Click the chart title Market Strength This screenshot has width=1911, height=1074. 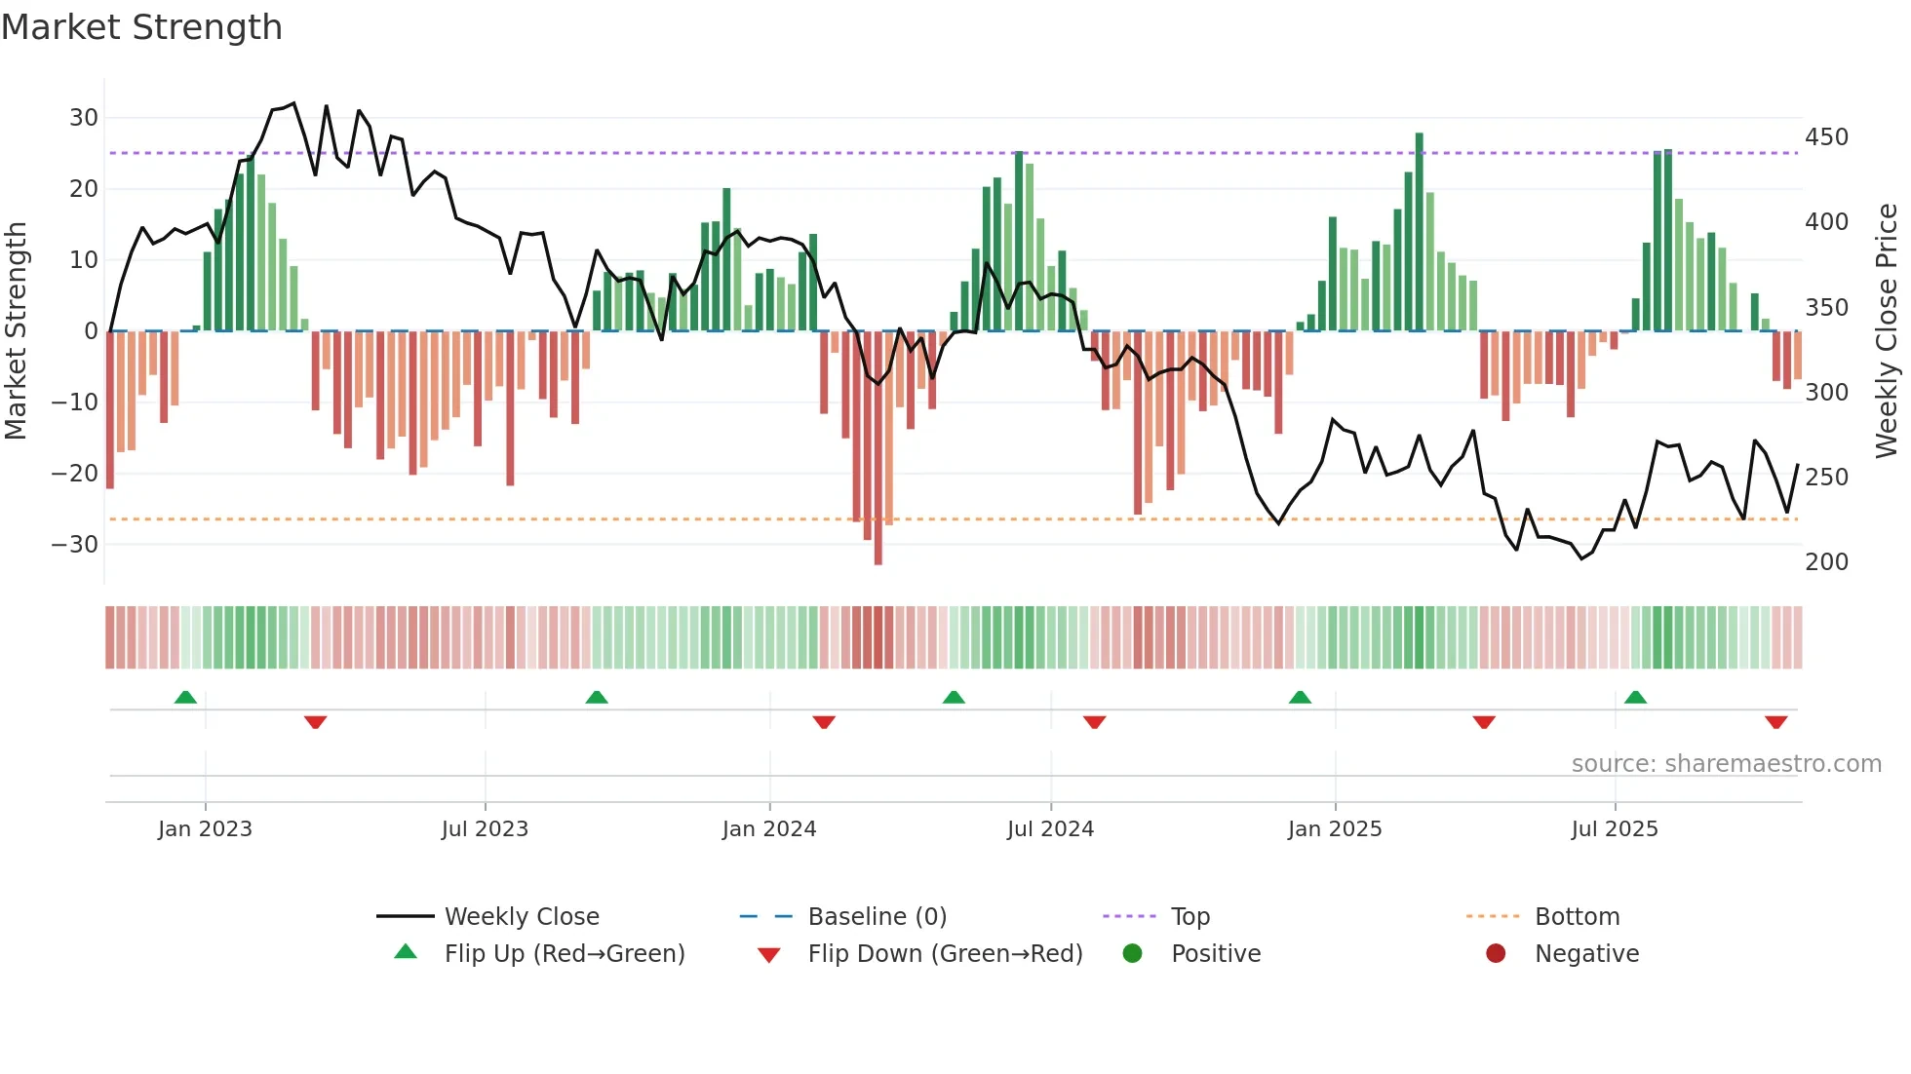pyautogui.click(x=141, y=27)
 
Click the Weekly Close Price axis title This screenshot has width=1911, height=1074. pyautogui.click(x=1887, y=331)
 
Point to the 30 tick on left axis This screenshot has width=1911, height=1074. pyautogui.click(x=84, y=118)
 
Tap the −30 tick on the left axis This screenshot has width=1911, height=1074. pyautogui.click(x=75, y=545)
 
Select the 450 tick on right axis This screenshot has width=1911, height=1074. pyautogui.click(x=1826, y=137)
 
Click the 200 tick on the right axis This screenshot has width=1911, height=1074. pyautogui.click(x=1826, y=562)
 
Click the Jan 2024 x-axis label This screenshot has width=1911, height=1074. pyautogui.click(x=769, y=829)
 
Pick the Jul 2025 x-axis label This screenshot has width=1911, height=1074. pyautogui.click(x=1615, y=829)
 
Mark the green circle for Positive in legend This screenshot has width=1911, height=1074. pyautogui.click(x=1132, y=953)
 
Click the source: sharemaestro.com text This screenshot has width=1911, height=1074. pyautogui.click(x=1726, y=764)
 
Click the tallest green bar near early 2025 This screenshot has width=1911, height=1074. pyautogui.click(x=1420, y=232)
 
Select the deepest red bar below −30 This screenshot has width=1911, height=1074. pyautogui.click(x=878, y=448)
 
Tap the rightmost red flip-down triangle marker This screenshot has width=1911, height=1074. pyautogui.click(x=1775, y=722)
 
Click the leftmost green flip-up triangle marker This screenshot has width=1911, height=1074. pyautogui.click(x=185, y=697)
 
